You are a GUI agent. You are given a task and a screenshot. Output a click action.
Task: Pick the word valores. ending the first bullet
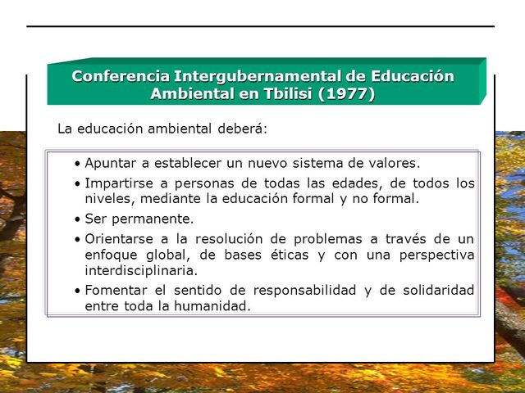tap(390, 163)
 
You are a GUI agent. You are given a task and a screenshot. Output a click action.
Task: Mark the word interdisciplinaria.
tap(140, 270)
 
